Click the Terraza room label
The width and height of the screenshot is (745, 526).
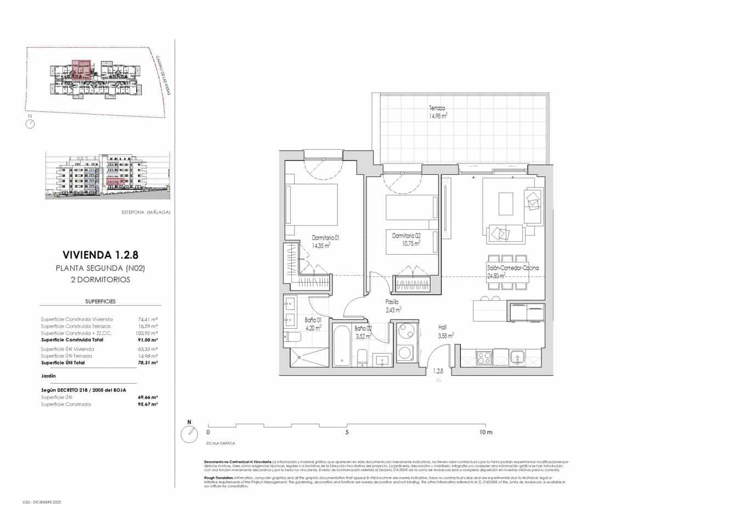pyautogui.click(x=437, y=108)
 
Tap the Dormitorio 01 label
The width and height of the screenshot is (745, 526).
pyautogui.click(x=325, y=238)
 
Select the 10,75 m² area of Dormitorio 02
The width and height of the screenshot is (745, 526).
pyautogui.click(x=409, y=243)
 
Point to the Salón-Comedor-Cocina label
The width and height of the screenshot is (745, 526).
pyautogui.click(x=512, y=268)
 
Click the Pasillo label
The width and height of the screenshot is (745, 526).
pyautogui.click(x=392, y=301)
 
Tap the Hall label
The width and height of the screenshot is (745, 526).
pyautogui.click(x=442, y=327)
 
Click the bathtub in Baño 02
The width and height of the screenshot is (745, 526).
pyautogui.click(x=342, y=345)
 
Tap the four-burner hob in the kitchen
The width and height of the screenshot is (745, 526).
pyautogui.click(x=483, y=358)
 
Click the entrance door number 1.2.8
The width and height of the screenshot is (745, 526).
pyautogui.click(x=438, y=371)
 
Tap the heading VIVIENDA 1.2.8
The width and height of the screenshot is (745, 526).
pyautogui.click(x=100, y=255)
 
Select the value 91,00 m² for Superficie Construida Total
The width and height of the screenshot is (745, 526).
pyautogui.click(x=148, y=340)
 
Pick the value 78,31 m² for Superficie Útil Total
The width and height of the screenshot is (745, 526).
pyautogui.click(x=148, y=363)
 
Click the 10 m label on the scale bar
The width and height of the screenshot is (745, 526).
pyautogui.click(x=486, y=432)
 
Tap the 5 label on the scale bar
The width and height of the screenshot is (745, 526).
pyautogui.click(x=347, y=432)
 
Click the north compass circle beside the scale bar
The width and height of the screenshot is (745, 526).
pyautogui.click(x=189, y=434)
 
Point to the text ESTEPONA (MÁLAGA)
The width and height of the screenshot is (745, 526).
pyautogui.click(x=145, y=212)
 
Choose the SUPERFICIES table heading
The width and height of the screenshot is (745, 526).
pyautogui.click(x=100, y=301)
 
